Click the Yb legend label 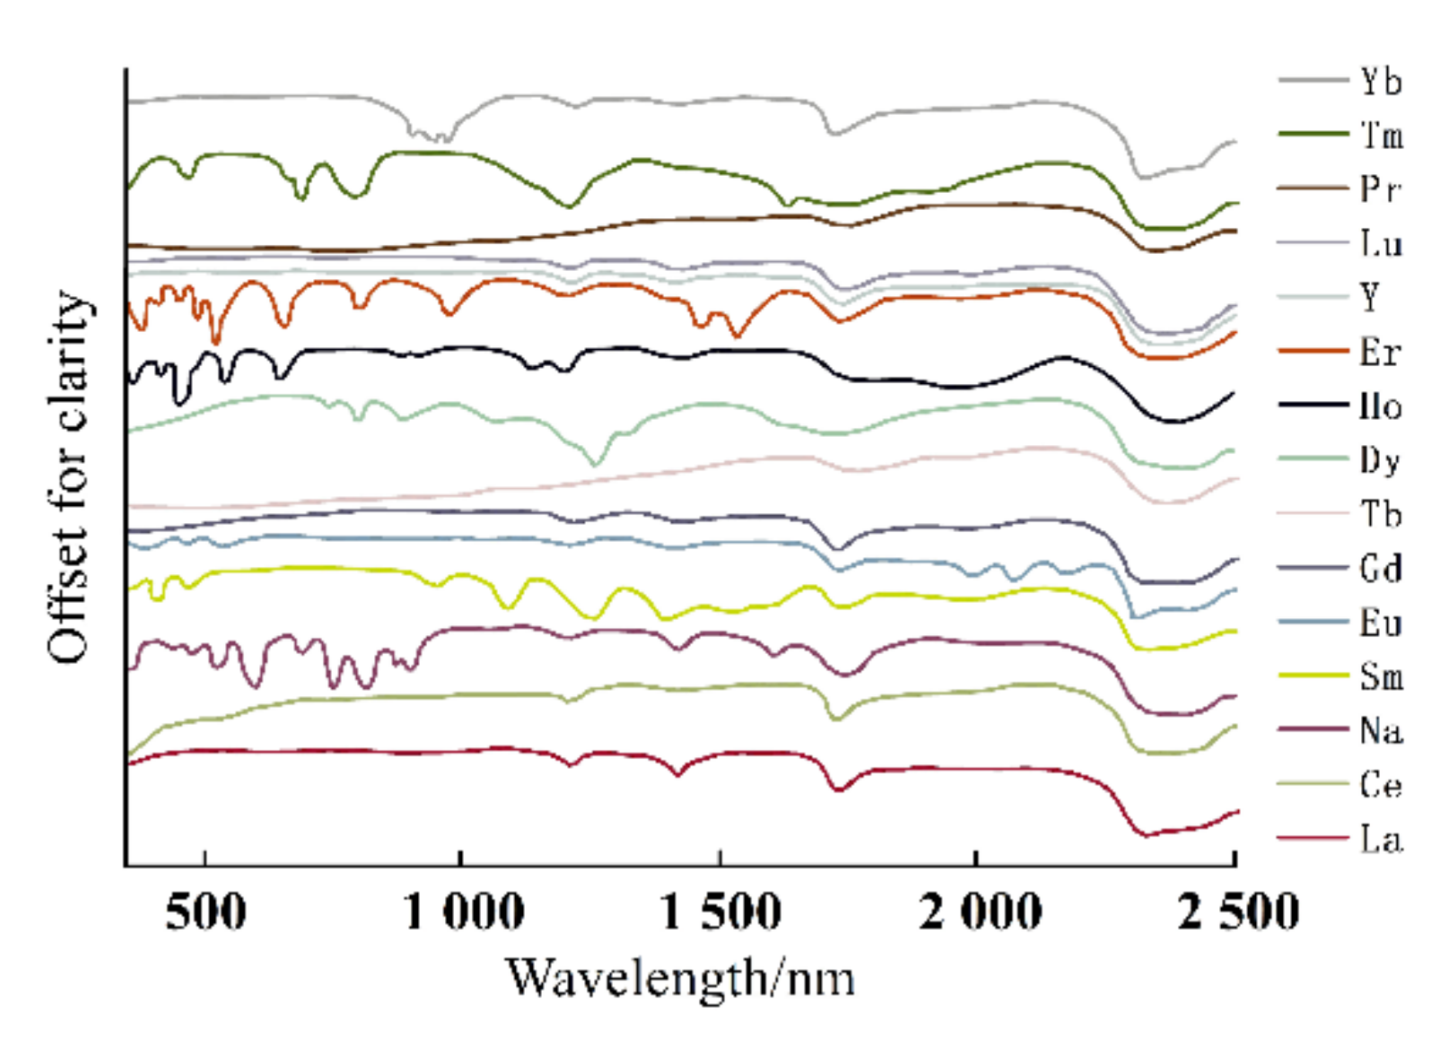1380,82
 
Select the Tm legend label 1382,135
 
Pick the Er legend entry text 1380,352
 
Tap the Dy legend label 1380,460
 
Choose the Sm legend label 1382,676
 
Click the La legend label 1381,839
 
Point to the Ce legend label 1381,785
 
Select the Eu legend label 1381,623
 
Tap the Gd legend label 1381,568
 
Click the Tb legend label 1381,514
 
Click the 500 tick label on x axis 205,912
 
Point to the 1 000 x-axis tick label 463,912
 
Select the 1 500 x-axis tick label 720,912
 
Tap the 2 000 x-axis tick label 979,912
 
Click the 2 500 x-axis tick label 1237,912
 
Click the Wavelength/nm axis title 679,978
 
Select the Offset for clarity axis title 69,476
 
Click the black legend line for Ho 1313,406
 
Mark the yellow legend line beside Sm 1313,675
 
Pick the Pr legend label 1380,189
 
